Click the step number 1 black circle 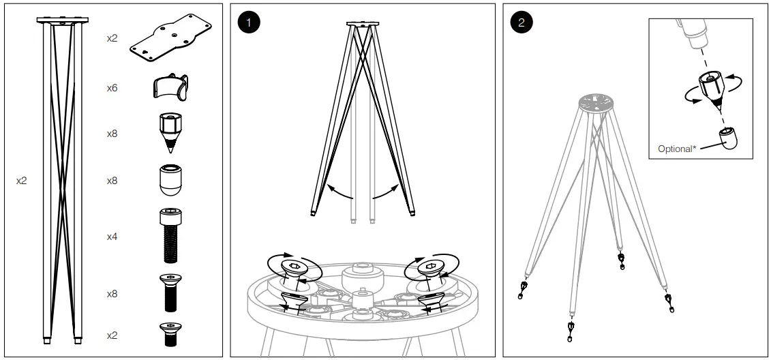(250, 22)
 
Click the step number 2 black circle (522, 22)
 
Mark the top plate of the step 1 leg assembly (361, 25)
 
